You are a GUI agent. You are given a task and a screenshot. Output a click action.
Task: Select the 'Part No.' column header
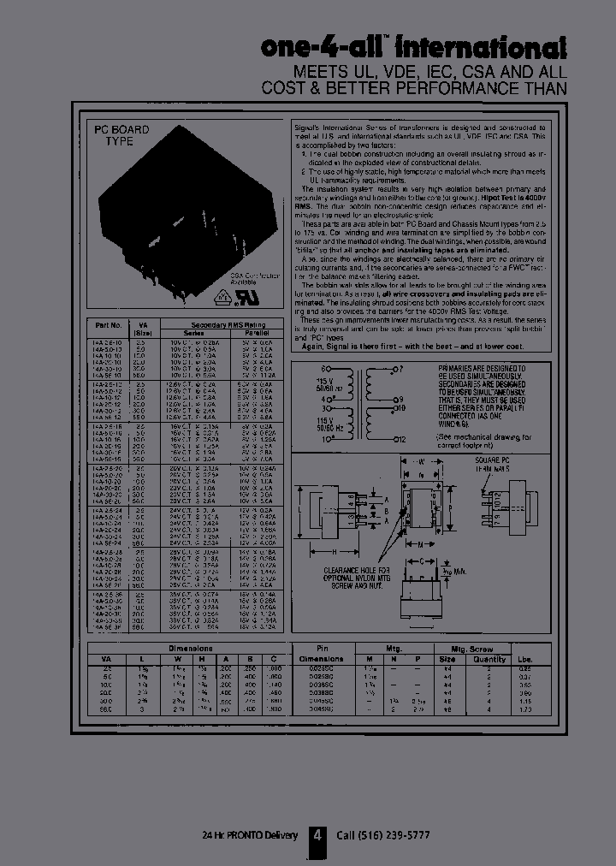(109, 325)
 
